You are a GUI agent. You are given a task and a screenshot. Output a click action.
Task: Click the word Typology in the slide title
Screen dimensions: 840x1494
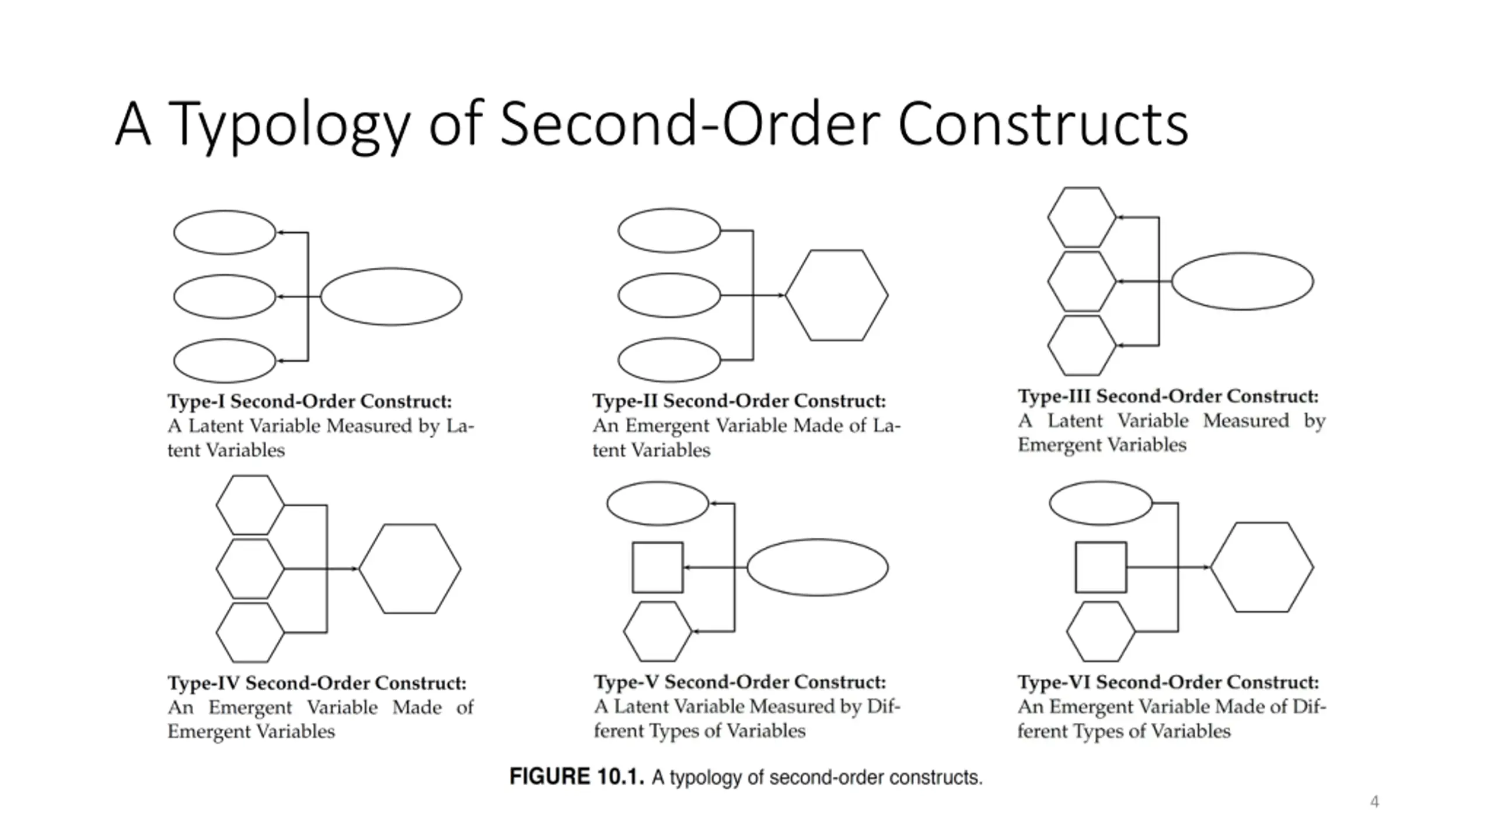point(289,125)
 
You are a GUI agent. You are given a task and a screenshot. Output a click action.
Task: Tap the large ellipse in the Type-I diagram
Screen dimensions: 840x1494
point(391,296)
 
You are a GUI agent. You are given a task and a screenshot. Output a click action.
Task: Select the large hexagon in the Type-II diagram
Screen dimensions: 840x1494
point(836,295)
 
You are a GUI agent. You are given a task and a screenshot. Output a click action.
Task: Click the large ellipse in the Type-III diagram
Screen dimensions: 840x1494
point(1242,281)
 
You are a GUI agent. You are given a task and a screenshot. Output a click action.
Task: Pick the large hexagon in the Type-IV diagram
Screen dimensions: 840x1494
point(410,568)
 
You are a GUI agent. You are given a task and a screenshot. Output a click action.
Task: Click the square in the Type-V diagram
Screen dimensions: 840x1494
point(658,568)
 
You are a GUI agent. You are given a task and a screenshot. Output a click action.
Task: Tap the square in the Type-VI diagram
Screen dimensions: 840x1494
point(1101,568)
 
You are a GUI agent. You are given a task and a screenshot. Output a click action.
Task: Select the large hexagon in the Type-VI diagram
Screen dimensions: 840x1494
point(1262,567)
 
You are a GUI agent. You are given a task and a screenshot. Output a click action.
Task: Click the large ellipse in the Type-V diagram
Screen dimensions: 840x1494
point(818,567)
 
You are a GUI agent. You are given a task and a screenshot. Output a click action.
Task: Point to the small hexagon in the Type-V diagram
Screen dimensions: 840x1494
point(657,631)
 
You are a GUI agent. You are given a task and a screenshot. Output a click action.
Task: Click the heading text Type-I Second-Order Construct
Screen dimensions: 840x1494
point(310,401)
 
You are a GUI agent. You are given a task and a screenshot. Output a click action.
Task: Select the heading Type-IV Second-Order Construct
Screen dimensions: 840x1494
point(317,683)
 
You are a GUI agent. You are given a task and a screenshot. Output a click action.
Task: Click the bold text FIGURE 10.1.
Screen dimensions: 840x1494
point(577,777)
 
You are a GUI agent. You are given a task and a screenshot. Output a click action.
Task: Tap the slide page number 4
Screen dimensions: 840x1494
point(1374,801)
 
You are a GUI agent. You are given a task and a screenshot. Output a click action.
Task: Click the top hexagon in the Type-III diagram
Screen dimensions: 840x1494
point(1081,217)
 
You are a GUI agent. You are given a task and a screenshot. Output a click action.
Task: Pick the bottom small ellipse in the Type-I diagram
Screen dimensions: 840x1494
point(225,361)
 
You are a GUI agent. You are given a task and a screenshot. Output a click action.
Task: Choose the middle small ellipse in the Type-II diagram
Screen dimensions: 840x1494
point(669,295)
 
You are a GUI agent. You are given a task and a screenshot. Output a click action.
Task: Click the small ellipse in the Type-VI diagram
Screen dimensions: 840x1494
point(1101,503)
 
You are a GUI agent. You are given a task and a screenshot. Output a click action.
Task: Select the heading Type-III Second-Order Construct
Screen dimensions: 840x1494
point(1168,397)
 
